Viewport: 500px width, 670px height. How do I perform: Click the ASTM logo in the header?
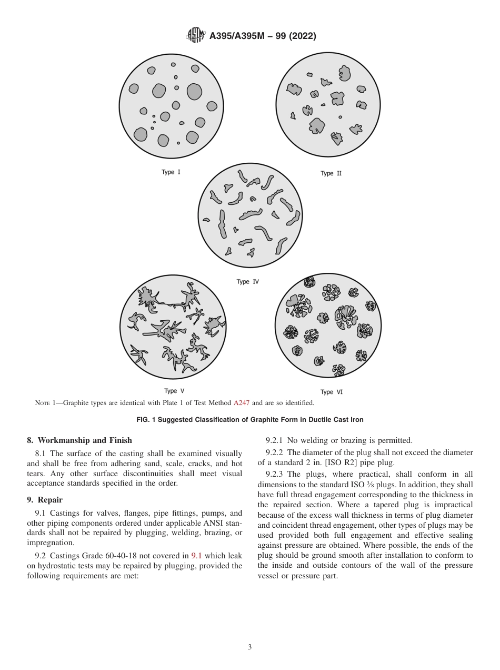point(196,35)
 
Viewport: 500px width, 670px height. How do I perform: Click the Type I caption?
point(171,172)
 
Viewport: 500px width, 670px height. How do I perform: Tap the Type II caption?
point(331,173)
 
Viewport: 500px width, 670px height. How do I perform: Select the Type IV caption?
point(247,282)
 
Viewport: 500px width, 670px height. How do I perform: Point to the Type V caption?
point(174,391)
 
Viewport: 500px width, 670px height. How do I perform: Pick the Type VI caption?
point(331,392)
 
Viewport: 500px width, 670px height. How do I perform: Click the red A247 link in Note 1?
point(242,403)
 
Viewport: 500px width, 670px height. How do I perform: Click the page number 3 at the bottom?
point(250,647)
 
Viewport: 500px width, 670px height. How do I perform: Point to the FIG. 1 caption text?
point(250,420)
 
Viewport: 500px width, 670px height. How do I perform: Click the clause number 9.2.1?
point(275,440)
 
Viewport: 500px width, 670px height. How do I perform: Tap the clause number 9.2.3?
point(275,474)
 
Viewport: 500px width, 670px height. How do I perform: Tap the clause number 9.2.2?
point(275,452)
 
